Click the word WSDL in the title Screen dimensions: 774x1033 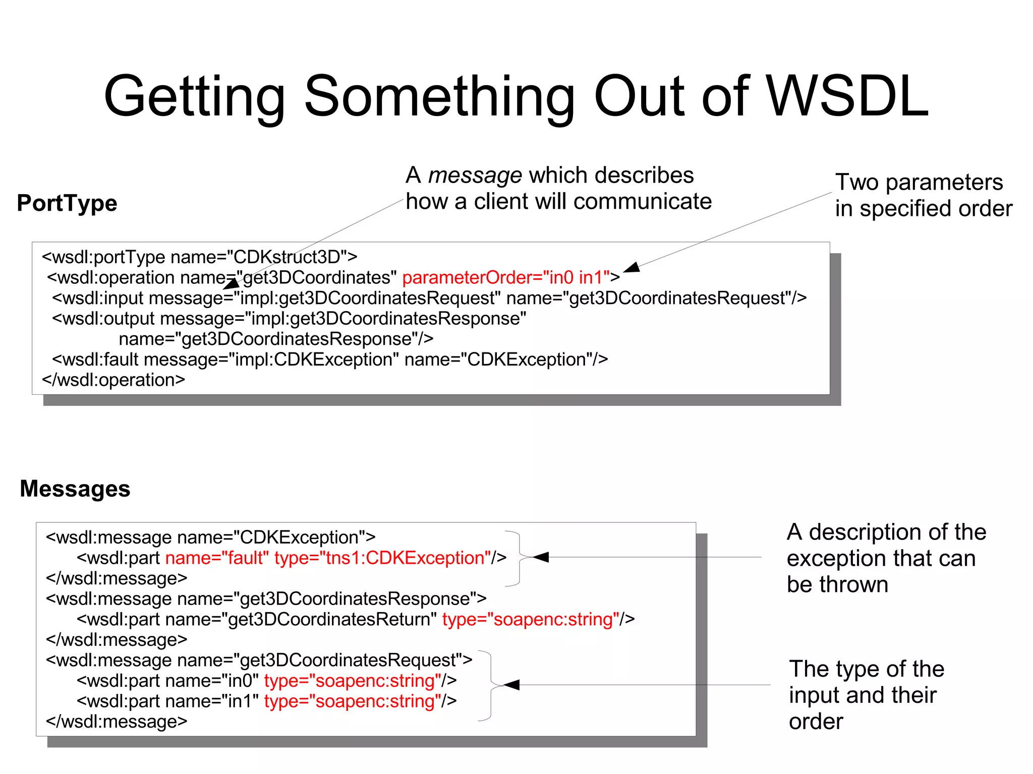point(847,96)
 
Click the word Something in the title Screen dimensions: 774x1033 point(439,97)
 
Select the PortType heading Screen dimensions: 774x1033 point(67,203)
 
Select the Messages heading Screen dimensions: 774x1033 point(75,489)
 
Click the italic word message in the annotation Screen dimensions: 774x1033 point(475,175)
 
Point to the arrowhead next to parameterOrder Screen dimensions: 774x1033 point(632,268)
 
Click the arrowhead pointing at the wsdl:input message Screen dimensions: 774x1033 point(232,284)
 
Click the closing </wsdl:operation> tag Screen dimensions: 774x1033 point(113,380)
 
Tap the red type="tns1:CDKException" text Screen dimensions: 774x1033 point(383,558)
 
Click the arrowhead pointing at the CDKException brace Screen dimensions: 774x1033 point(540,557)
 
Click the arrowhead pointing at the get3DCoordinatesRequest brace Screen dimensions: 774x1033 point(511,685)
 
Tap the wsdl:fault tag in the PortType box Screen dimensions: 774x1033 point(95,360)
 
